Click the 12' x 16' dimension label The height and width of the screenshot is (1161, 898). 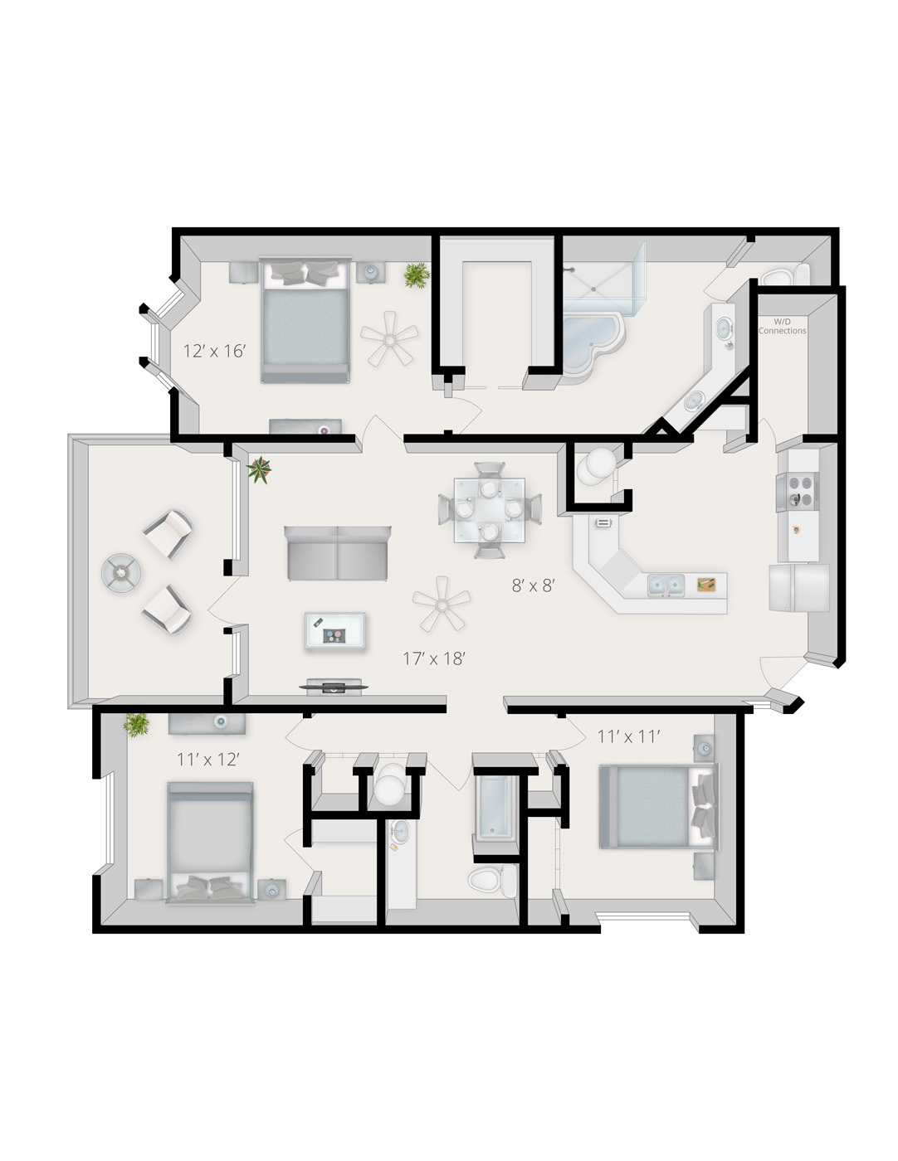tap(214, 351)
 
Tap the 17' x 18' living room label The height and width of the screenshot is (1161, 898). tap(434, 658)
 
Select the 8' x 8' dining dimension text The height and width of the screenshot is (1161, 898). tap(534, 586)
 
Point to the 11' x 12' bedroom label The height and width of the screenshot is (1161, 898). tap(208, 760)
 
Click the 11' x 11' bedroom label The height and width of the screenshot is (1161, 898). tap(628, 736)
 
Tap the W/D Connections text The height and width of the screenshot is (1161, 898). tap(782, 327)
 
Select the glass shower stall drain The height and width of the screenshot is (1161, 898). tap(593, 289)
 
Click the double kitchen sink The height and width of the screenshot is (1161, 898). tap(666, 585)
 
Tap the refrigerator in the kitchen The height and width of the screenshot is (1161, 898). tap(799, 588)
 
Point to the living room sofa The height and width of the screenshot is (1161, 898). tap(338, 553)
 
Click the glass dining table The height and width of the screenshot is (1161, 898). tap(489, 511)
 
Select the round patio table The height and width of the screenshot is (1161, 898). tap(121, 572)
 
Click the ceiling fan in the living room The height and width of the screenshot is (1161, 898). tap(442, 604)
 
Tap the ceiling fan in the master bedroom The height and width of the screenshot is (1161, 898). tap(390, 339)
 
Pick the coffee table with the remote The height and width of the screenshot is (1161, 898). tap(335, 631)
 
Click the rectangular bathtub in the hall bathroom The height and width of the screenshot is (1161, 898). tap(495, 807)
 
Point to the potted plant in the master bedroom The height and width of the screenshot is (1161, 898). tap(417, 275)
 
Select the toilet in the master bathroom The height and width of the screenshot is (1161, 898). tap(784, 275)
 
